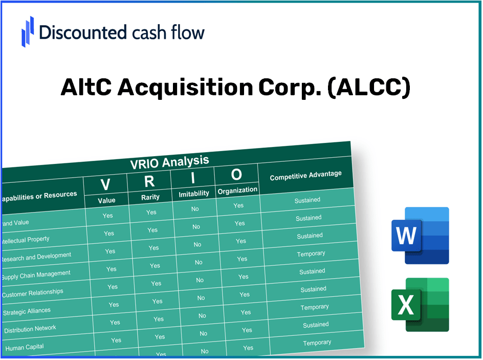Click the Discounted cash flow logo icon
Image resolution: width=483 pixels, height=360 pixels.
pyautogui.click(x=28, y=31)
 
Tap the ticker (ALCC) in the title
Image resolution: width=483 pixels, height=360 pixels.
pyautogui.click(x=368, y=88)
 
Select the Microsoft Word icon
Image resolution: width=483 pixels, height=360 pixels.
pyautogui.click(x=420, y=236)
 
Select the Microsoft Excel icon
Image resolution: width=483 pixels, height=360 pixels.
pyautogui.click(x=420, y=305)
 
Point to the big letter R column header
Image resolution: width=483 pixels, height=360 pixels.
pyautogui.click(x=149, y=181)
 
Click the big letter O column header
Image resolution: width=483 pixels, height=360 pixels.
pyautogui.click(x=236, y=175)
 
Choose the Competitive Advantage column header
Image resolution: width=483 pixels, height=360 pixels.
pyautogui.click(x=305, y=176)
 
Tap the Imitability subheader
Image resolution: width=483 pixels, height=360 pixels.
pyautogui.click(x=194, y=194)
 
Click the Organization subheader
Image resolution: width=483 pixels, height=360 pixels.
pyautogui.click(x=237, y=190)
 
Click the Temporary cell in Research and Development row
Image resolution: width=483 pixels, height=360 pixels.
pyautogui.click(x=311, y=254)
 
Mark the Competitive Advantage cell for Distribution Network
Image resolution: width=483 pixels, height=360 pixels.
pyautogui.click(x=316, y=325)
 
